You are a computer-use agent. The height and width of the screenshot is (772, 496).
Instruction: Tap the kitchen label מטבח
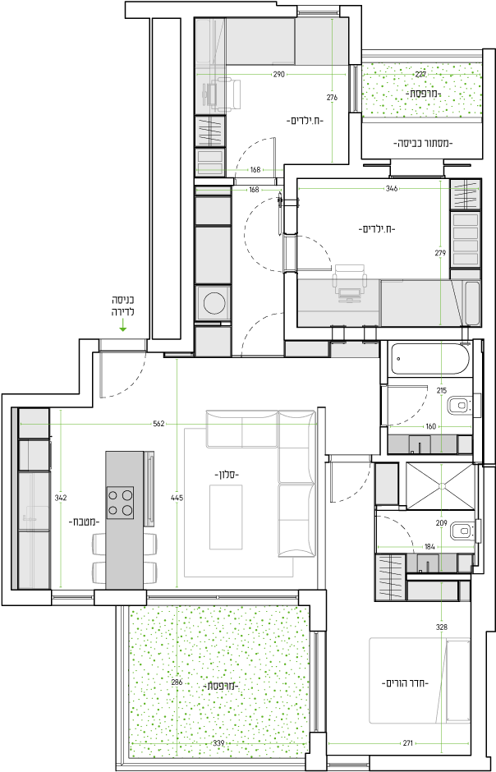(84, 521)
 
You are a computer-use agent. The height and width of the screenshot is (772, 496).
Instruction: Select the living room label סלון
(227, 476)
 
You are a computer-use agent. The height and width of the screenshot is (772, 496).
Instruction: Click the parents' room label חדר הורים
(406, 683)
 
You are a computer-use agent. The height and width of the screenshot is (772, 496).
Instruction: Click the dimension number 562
(158, 424)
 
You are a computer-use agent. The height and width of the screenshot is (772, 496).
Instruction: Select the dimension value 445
(177, 498)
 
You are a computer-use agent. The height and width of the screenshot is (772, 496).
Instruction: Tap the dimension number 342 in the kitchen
(61, 498)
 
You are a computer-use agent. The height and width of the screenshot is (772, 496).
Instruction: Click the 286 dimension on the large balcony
(177, 682)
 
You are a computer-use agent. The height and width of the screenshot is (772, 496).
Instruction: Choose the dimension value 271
(408, 743)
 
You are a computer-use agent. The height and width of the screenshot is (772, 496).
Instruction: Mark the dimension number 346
(392, 189)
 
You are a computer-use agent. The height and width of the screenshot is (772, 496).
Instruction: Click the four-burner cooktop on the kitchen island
(121, 502)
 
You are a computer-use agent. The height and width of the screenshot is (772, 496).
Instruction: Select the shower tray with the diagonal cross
(441, 486)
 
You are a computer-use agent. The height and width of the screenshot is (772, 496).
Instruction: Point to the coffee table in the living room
(226, 517)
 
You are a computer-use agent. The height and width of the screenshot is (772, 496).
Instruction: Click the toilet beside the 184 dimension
(462, 531)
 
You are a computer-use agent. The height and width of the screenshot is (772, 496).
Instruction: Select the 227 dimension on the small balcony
(420, 75)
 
